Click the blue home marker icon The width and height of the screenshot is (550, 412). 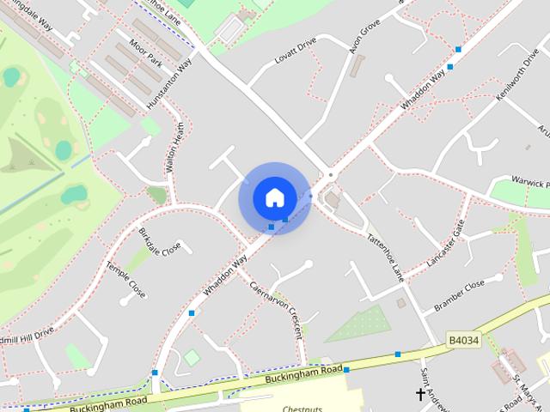coord(274,197)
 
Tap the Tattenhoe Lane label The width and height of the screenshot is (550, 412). coord(386,258)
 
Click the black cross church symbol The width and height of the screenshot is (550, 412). coord(421,394)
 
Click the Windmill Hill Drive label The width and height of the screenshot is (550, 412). coord(26,334)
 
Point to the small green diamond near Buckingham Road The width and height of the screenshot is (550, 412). coord(192,356)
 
